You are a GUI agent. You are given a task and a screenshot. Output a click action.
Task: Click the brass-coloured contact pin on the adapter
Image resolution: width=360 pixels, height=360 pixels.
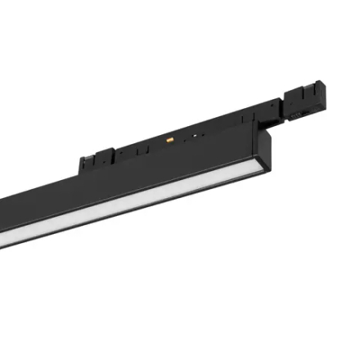coord(169,140)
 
